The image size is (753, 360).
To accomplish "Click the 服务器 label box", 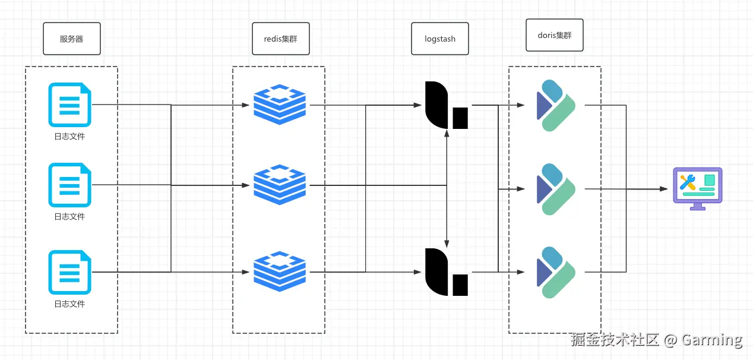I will (71, 39).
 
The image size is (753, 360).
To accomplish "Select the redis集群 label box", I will (280, 39).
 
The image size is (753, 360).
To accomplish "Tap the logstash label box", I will (440, 39).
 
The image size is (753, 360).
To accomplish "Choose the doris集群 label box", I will (555, 35).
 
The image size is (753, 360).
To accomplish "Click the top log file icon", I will (69, 105).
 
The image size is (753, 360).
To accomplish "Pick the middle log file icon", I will (69, 185).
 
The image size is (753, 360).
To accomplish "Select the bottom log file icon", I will (69, 272).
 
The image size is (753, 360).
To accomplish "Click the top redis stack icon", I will (280, 105).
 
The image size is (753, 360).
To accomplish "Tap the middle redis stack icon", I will (280, 185).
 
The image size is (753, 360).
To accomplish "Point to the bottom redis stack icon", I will (280, 272).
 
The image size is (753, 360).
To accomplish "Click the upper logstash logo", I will (446, 105).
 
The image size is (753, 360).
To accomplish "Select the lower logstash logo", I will (446, 272).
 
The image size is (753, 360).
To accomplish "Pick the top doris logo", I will (556, 105).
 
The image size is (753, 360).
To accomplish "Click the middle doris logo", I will (556, 189).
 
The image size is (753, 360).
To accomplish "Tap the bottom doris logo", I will (556, 272).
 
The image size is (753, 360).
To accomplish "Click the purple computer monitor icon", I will (697, 188).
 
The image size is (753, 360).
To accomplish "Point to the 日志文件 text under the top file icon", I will (69, 137).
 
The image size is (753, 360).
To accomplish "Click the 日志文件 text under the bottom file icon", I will (69, 304).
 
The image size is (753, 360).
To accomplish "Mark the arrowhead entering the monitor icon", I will (665, 189).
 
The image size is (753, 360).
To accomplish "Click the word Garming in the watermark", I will (711, 340).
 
